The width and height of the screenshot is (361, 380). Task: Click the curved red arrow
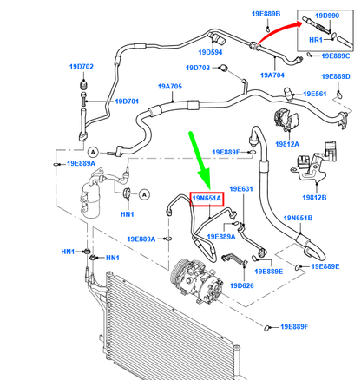[276, 29]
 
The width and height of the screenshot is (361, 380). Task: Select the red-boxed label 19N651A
[207, 199]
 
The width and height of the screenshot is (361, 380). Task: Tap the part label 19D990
[327, 16]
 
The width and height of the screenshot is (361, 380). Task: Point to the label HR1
[316, 40]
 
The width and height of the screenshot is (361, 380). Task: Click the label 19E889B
[266, 14]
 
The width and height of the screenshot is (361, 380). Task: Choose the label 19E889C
[336, 56]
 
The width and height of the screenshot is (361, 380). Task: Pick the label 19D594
[210, 52]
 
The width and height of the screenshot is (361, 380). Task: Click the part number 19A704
[272, 75]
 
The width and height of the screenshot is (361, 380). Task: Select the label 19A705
[170, 87]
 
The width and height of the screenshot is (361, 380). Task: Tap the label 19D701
[127, 102]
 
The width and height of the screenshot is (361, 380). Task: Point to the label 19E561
[315, 94]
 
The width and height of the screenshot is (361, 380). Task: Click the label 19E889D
[336, 76]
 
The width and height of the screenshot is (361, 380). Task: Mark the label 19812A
[287, 144]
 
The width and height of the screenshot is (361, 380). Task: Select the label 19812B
[314, 198]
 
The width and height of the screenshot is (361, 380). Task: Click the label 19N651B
[298, 218]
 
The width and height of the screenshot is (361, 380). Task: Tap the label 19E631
[241, 189]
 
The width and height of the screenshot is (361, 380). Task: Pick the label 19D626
[242, 285]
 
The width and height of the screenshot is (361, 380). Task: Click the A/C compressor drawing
[197, 280]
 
